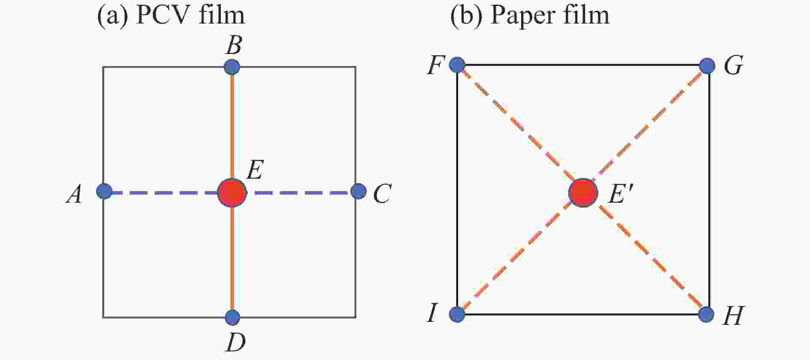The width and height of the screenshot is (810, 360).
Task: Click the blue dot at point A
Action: coord(104,191)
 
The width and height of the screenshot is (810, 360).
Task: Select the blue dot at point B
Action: coord(232,67)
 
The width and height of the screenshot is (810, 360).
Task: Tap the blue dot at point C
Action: coord(358,191)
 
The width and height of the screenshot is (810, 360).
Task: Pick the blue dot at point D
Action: coord(232,318)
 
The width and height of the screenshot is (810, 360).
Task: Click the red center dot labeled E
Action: coord(232,193)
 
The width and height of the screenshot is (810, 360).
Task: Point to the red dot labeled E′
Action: coord(583,193)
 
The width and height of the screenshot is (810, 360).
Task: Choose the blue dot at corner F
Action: coord(457,65)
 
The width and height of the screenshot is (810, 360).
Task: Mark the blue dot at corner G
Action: coord(707,66)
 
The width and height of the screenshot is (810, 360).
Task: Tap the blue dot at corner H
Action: coord(706,315)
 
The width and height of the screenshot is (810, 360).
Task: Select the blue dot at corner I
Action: coord(457,315)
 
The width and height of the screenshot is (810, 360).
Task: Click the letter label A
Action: coord(75,195)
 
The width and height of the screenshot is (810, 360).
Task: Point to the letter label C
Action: coord(381,195)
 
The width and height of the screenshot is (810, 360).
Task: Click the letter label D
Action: coord(235,342)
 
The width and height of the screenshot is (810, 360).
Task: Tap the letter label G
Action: coord(733,66)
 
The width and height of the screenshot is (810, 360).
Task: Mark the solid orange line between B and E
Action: coord(232,124)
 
